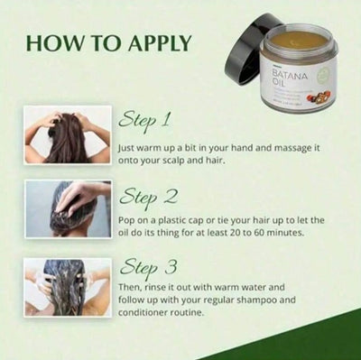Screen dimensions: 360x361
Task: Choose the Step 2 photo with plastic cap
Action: [x=68, y=208]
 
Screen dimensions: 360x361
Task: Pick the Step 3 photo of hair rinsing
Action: [x=68, y=288]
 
